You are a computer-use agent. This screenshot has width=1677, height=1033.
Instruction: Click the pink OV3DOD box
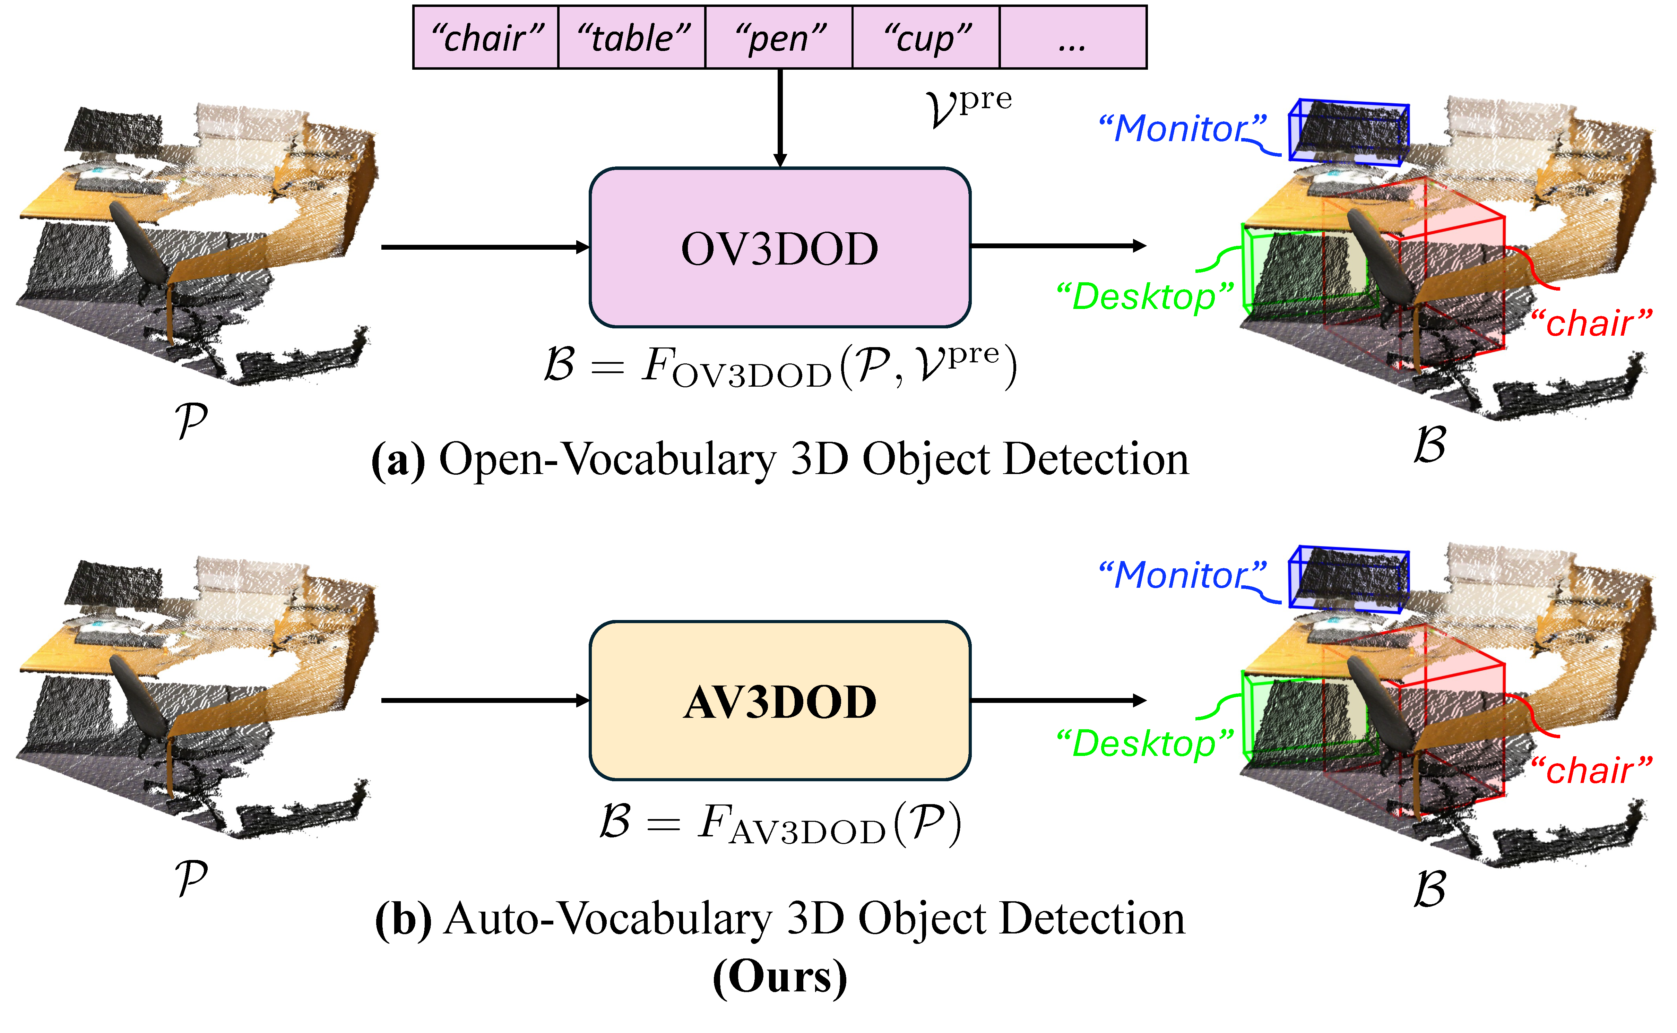point(779,247)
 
